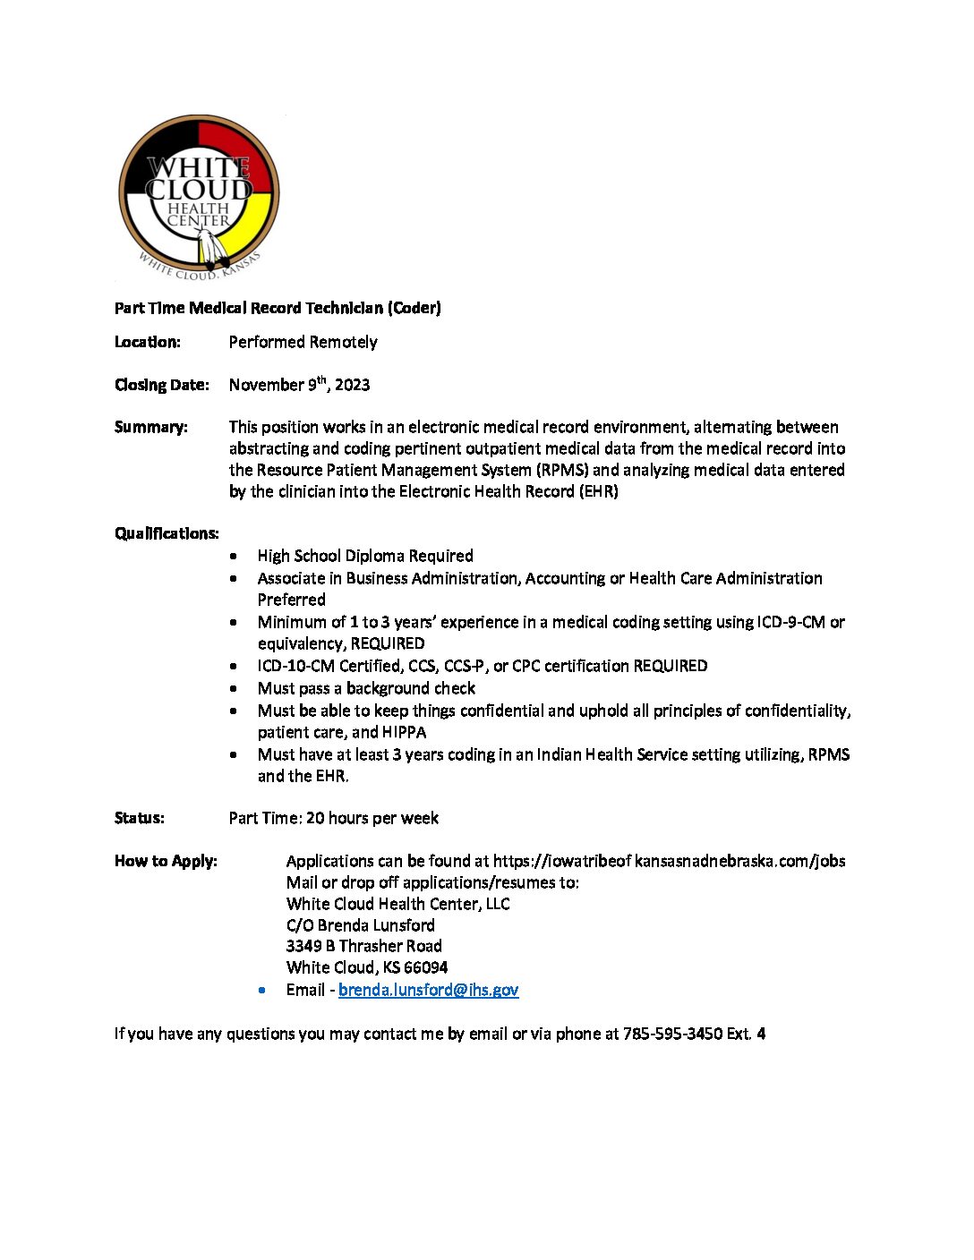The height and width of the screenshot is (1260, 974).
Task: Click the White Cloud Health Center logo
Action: click(199, 195)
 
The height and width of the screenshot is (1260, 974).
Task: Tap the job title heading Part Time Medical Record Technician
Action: click(278, 308)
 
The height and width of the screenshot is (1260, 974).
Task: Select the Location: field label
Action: click(148, 342)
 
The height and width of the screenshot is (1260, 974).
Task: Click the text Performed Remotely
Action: click(303, 342)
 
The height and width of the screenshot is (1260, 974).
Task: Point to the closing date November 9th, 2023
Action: click(299, 385)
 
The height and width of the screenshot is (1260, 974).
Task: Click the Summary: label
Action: click(151, 427)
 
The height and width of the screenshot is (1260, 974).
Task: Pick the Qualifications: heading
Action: click(167, 533)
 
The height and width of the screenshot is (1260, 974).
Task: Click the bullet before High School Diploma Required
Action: click(234, 556)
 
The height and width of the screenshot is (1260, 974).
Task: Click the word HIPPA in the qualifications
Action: click(404, 732)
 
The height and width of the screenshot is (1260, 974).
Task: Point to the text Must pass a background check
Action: click(366, 688)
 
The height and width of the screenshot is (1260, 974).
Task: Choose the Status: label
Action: click(140, 818)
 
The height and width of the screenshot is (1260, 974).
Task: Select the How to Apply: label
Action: click(166, 861)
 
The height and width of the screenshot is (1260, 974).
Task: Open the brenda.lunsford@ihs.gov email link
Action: click(428, 990)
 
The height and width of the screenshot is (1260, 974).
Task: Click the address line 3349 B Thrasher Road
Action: click(363, 946)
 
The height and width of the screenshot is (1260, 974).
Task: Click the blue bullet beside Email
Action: click(262, 990)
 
